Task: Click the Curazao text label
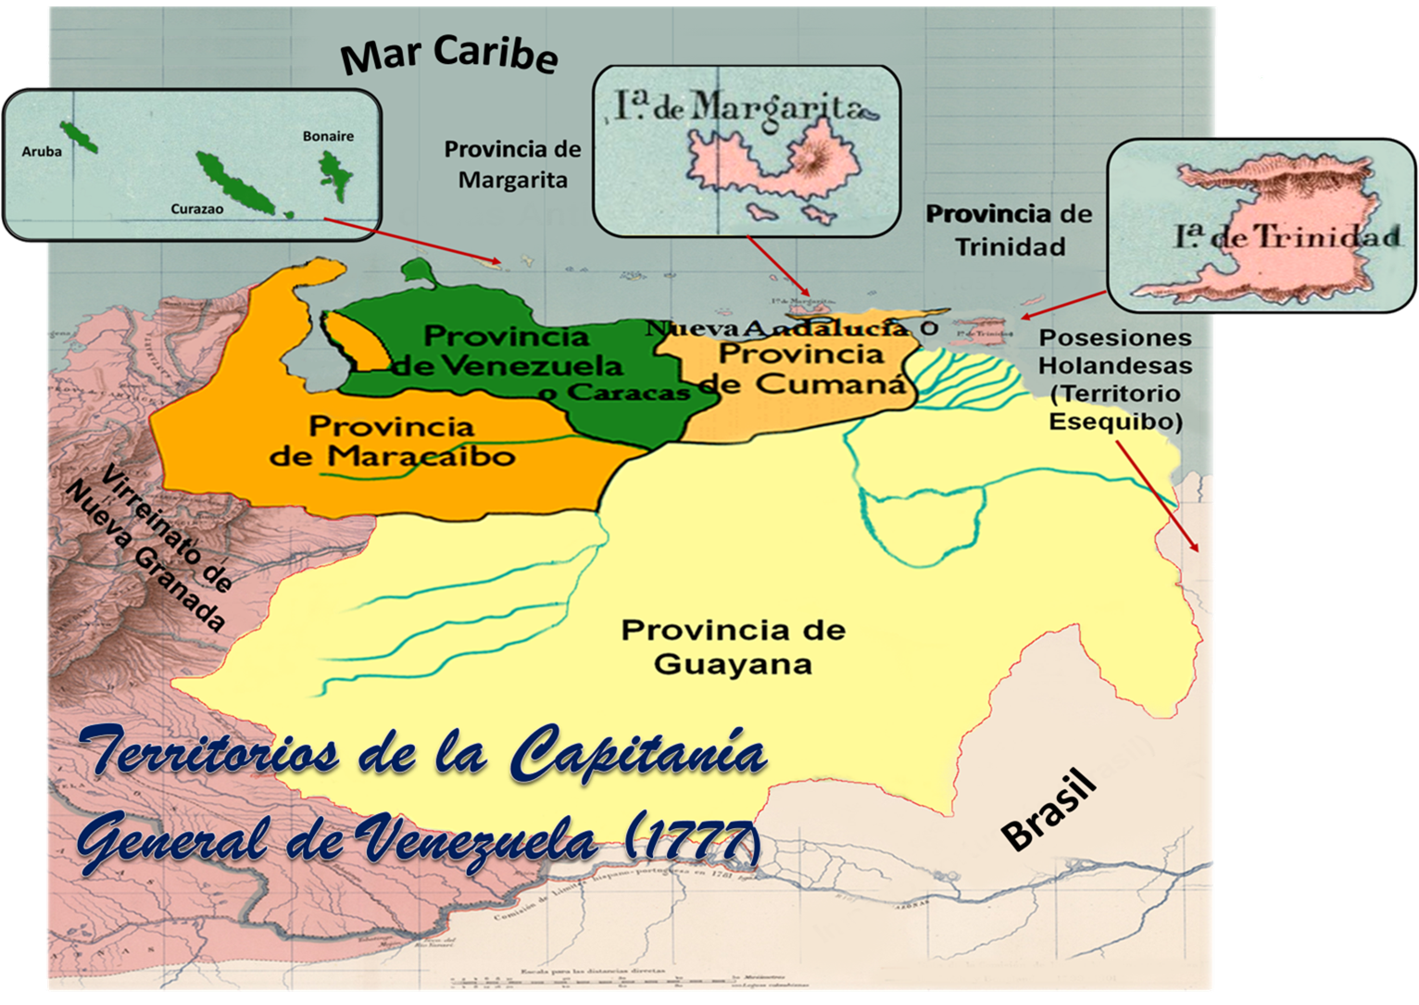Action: (196, 209)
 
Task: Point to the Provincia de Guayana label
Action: (733, 647)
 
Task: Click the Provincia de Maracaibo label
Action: (392, 441)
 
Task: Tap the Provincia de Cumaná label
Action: (801, 368)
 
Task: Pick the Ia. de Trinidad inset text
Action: (1287, 237)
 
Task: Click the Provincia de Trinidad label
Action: (1010, 230)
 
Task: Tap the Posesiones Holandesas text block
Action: (1115, 380)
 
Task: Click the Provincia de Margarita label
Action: (512, 164)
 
